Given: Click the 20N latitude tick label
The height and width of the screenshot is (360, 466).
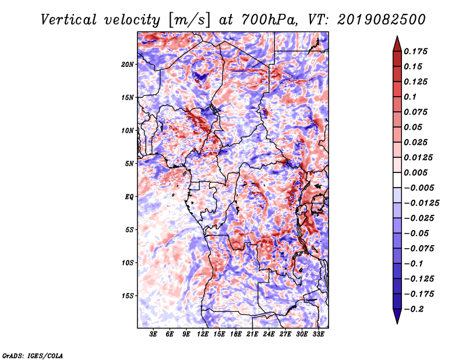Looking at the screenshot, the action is click(x=128, y=65).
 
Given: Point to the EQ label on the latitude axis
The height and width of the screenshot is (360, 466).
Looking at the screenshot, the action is click(x=129, y=197).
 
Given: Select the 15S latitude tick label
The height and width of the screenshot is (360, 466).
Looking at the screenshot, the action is click(x=128, y=296).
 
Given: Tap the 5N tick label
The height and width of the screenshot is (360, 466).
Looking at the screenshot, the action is click(x=129, y=164).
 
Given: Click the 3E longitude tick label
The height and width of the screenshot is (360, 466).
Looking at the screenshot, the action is click(x=153, y=334).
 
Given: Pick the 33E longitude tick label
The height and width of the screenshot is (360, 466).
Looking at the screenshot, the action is click(x=318, y=334).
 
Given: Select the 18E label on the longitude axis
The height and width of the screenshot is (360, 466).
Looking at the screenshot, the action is click(x=236, y=334).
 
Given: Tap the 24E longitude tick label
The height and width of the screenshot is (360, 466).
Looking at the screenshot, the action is click(x=269, y=334).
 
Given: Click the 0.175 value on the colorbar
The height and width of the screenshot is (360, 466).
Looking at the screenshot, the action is click(x=415, y=51).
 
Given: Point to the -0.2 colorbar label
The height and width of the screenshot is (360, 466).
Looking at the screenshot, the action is click(x=414, y=309).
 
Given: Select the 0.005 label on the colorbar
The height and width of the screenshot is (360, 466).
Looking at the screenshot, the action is click(x=415, y=172).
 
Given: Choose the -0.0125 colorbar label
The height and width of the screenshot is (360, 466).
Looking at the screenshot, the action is click(x=421, y=203).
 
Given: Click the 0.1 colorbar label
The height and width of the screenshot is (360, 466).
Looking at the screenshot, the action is click(x=410, y=97).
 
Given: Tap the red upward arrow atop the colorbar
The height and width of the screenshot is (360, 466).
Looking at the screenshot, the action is click(x=397, y=44).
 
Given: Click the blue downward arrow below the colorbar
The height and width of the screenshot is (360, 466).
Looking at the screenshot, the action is click(x=397, y=316).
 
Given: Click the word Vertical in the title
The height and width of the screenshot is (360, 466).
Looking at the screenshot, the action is click(x=68, y=20).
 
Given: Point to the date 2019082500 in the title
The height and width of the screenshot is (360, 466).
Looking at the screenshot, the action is click(x=382, y=20).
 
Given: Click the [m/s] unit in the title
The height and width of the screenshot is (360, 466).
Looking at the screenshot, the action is click(x=189, y=20).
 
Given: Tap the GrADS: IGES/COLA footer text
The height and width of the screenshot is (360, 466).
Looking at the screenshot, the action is click(x=33, y=355).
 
